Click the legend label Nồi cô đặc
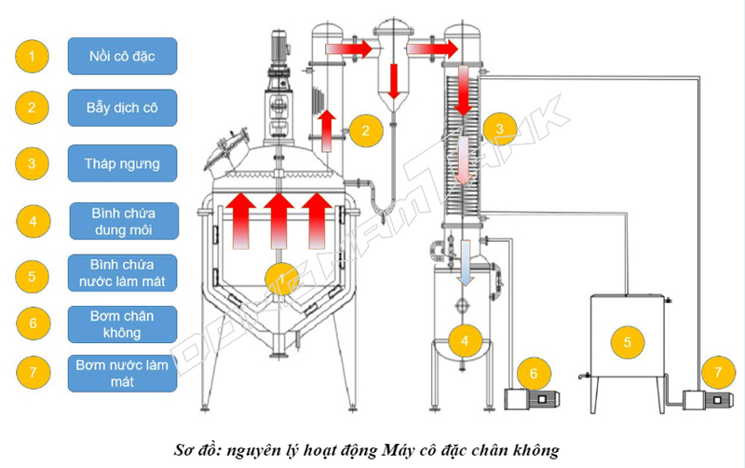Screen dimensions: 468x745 (x=122, y=56)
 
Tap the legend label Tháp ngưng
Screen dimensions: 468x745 (x=122, y=163)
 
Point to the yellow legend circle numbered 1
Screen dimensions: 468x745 (x=33, y=56)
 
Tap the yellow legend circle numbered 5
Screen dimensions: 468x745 (x=33, y=275)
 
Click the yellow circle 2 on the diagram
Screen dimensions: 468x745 (x=366, y=131)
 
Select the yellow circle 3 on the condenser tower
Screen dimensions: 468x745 (x=500, y=129)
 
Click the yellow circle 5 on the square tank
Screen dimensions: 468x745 (x=627, y=342)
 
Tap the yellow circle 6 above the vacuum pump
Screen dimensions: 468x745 (x=533, y=373)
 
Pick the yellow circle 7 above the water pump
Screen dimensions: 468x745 (x=717, y=373)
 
